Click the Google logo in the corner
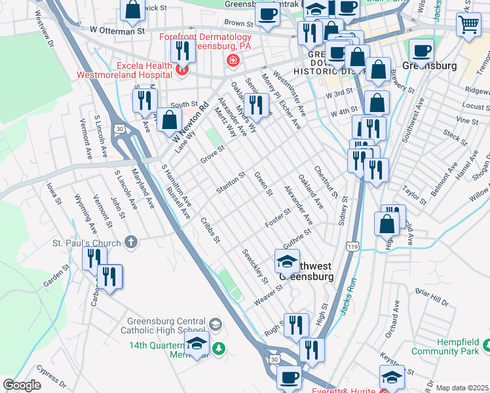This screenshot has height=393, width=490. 22,385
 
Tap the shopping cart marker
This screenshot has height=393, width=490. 469,24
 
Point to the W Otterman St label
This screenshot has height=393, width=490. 117,31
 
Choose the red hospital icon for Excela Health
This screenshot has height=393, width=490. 181,69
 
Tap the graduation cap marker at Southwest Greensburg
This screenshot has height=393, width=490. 287,261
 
